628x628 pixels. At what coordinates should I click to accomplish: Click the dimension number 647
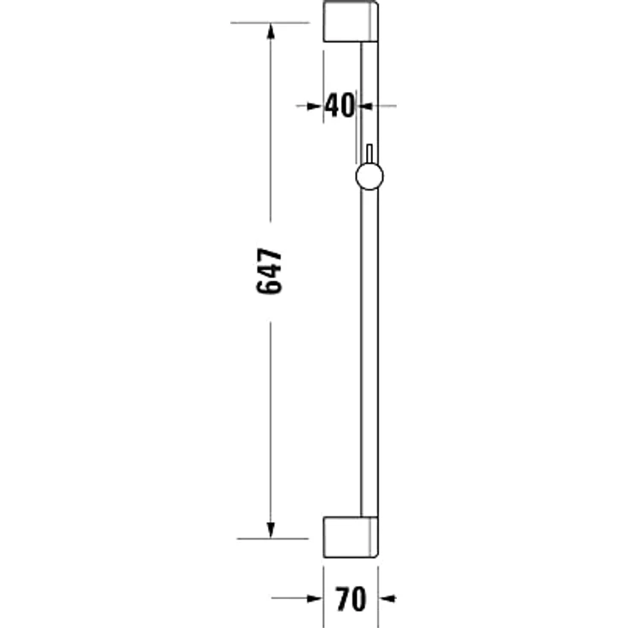pos(269,271)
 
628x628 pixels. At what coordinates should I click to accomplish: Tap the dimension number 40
pos(340,105)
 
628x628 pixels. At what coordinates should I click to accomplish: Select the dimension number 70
pos(351,599)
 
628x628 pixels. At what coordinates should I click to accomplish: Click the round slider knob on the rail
pos(369,177)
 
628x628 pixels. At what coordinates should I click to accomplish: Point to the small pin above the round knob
pos(369,154)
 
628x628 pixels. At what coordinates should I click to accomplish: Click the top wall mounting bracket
pos(351,21)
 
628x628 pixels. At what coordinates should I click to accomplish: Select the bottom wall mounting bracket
pos(351,537)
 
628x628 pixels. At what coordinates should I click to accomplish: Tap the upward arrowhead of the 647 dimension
pos(270,31)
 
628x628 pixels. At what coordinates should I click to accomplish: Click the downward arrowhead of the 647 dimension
pos(270,530)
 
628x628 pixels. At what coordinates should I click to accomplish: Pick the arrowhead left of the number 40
pos(315,106)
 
